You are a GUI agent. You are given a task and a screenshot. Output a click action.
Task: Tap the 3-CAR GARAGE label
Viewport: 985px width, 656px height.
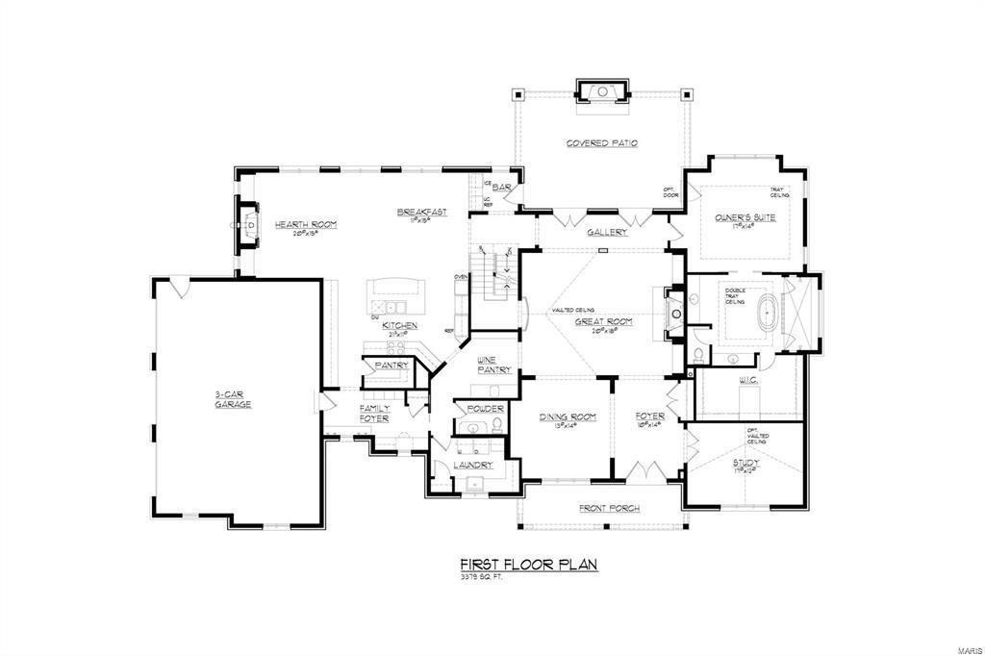233,400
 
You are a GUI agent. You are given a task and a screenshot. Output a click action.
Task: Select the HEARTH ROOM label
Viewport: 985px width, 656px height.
305,225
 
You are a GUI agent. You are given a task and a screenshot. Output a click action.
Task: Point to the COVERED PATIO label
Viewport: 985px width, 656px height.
601,143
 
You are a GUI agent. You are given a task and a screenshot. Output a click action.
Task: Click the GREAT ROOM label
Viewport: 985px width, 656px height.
604,322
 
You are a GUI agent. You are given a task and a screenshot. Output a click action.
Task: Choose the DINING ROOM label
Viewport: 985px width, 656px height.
568,416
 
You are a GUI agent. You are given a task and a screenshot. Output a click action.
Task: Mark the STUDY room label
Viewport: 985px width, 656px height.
745,463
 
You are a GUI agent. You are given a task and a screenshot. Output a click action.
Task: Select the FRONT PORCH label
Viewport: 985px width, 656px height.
609,508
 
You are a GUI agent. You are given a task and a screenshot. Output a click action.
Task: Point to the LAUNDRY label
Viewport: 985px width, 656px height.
473,465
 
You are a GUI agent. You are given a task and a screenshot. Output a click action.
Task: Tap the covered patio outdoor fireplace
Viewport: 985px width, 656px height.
601,91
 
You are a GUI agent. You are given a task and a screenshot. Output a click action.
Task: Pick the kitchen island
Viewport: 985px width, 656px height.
392,289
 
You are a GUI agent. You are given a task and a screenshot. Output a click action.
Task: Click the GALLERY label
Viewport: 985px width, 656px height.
607,232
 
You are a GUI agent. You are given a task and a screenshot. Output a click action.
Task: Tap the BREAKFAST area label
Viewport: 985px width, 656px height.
421,213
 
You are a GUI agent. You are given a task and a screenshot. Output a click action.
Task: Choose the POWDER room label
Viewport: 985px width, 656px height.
486,409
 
